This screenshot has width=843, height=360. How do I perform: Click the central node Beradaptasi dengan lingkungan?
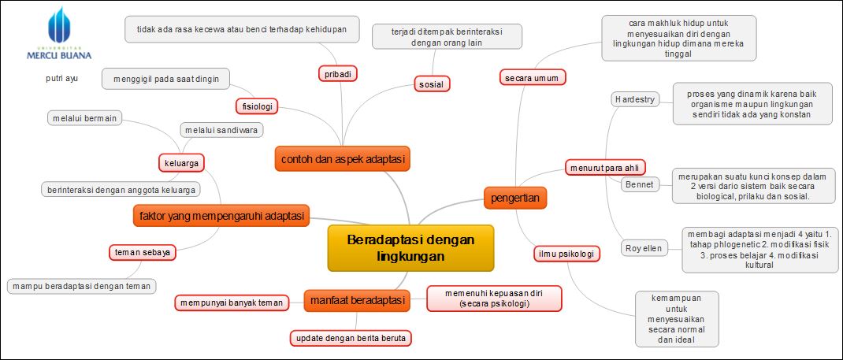(410, 248)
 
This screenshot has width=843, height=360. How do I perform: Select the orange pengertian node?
(515, 197)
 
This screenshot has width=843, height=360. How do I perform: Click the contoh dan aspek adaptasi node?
(343, 159)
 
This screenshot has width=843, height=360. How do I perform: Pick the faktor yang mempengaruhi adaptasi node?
(221, 214)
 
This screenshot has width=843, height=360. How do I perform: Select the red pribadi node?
(337, 73)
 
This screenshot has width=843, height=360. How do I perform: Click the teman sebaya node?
(142, 252)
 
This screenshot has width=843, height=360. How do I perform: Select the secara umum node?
(533, 77)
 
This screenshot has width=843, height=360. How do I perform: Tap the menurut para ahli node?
(605, 166)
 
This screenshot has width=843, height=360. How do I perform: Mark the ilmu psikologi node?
(565, 254)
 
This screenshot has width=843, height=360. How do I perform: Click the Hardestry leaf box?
(634, 99)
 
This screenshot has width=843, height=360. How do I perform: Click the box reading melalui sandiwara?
(221, 130)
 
